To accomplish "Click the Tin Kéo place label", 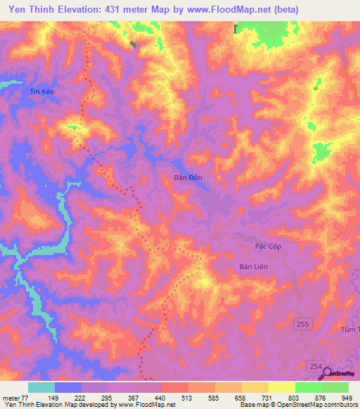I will click(x=41, y=91).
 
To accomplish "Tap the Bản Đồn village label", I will click(x=188, y=178).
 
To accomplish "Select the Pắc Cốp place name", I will click(x=267, y=247).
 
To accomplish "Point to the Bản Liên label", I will click(x=255, y=266).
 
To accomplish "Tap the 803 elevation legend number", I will click(x=295, y=397).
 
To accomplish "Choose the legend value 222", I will click(x=82, y=397).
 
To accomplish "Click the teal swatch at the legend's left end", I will click(x=41, y=387).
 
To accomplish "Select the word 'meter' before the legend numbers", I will click(x=11, y=397).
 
